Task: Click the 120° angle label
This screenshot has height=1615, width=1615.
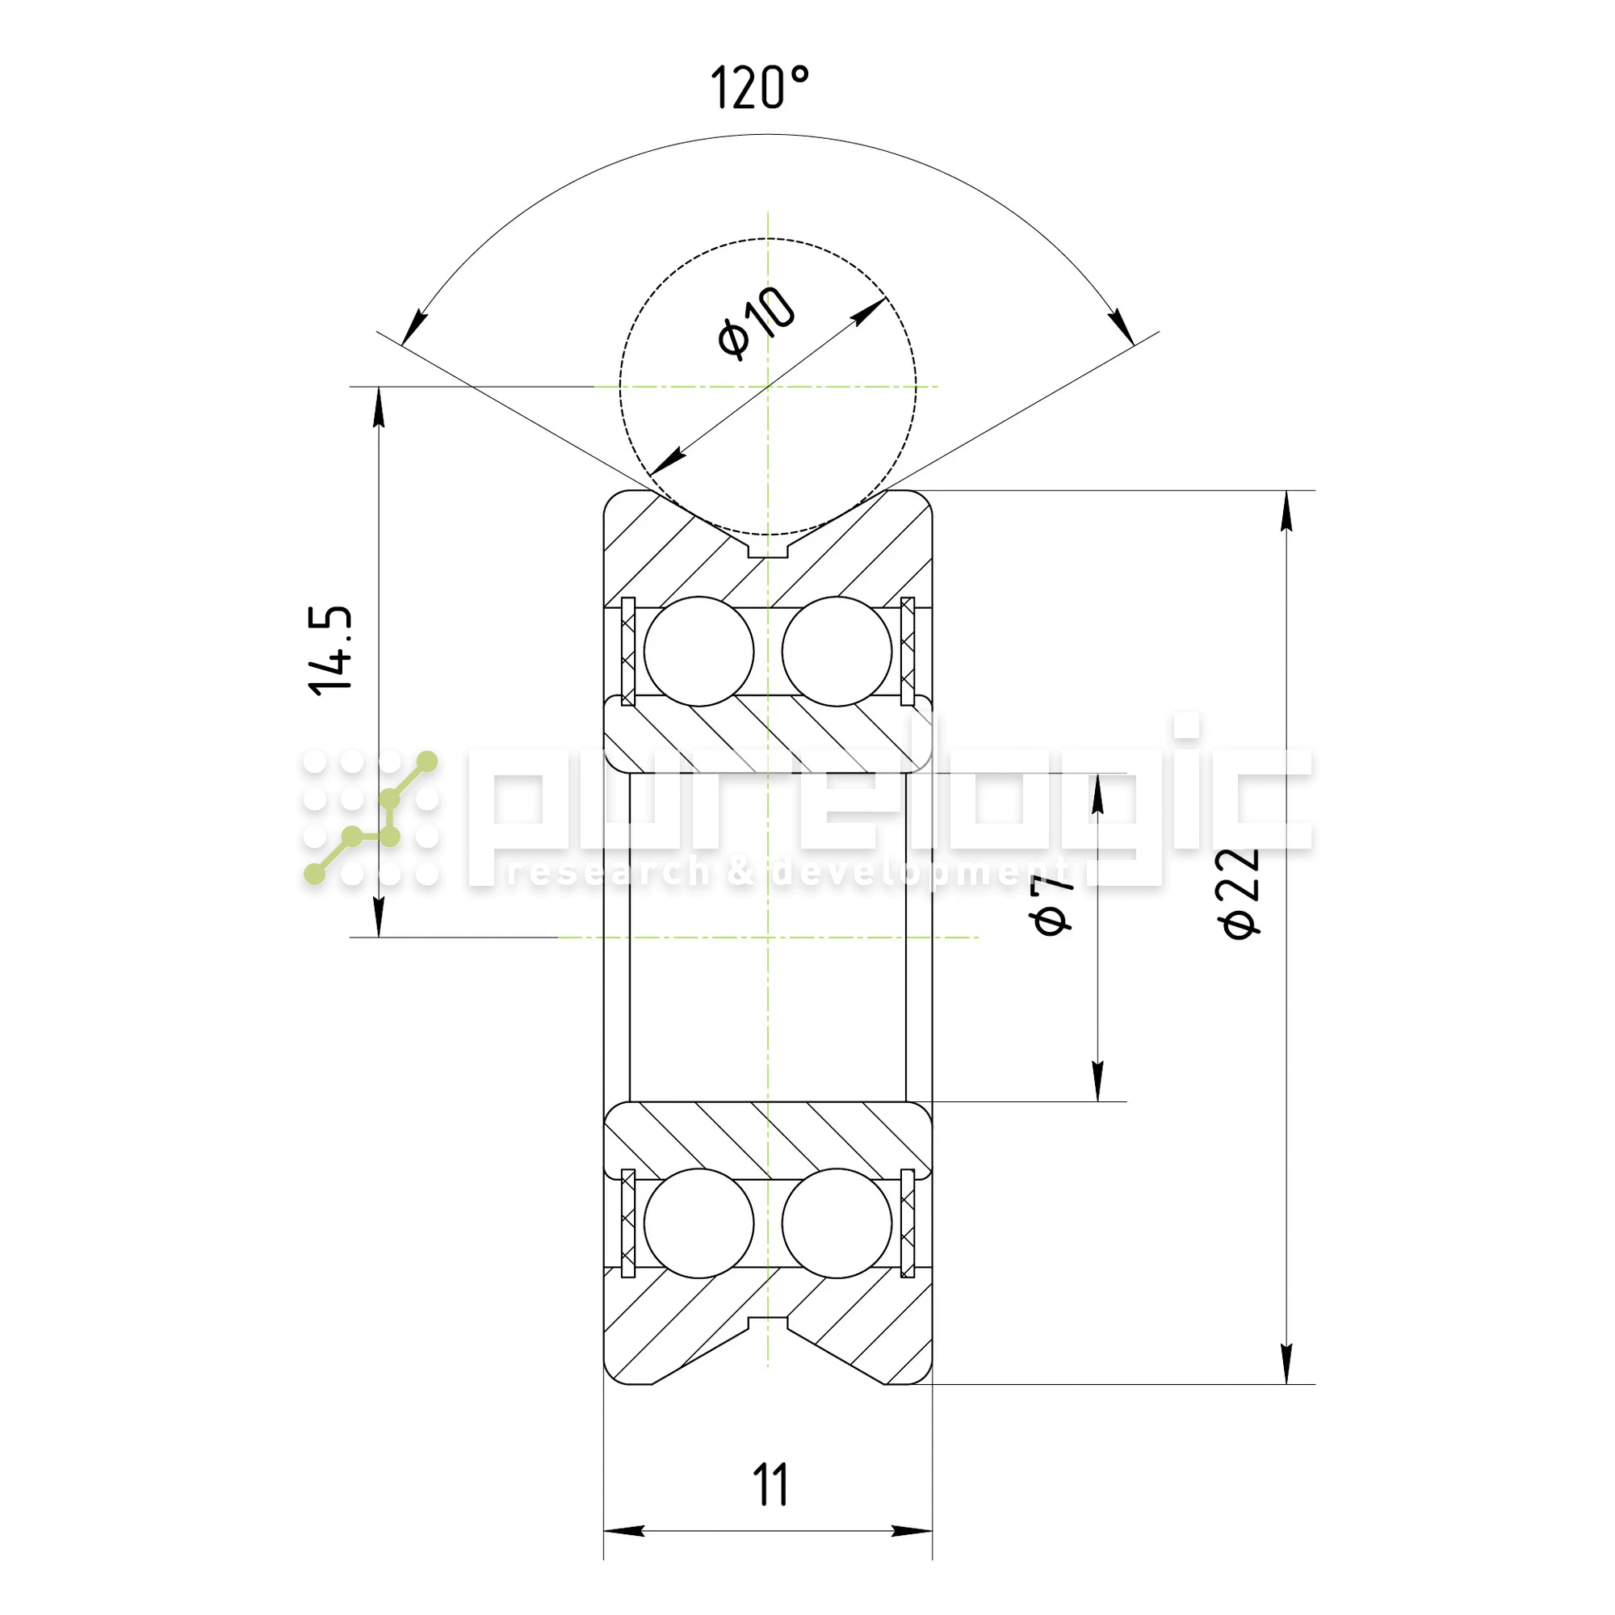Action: pyautogui.click(x=759, y=88)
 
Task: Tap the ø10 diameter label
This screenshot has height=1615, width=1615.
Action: pyautogui.click(x=756, y=324)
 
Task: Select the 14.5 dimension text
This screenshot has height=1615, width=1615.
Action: pyautogui.click(x=331, y=651)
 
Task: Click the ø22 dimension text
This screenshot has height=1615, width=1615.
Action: pyautogui.click(x=1240, y=893)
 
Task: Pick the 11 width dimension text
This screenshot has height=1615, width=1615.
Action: pyautogui.click(x=770, y=1485)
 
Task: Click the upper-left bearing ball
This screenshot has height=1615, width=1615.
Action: pyautogui.click(x=698, y=651)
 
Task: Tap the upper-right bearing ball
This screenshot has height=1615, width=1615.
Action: pyautogui.click(x=837, y=651)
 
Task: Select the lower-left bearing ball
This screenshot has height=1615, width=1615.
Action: pyautogui.click(x=698, y=1223)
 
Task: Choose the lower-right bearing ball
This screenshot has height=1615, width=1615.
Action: pyautogui.click(x=837, y=1223)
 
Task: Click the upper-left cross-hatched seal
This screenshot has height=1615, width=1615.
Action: pyautogui.click(x=628, y=651)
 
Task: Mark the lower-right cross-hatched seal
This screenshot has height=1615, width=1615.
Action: pyautogui.click(x=908, y=1223)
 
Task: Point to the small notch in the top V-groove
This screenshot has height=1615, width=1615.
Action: pyautogui.click(x=767, y=550)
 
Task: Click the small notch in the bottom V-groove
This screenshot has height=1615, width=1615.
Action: pyautogui.click(x=767, y=1323)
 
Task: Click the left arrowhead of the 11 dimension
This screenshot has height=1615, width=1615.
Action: pyautogui.click(x=623, y=1530)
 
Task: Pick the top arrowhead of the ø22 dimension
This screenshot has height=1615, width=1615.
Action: pyautogui.click(x=1286, y=510)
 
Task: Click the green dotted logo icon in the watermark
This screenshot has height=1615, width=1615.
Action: pyautogui.click(x=371, y=817)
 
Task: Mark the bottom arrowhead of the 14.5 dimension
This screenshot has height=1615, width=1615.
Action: pyautogui.click(x=379, y=917)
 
